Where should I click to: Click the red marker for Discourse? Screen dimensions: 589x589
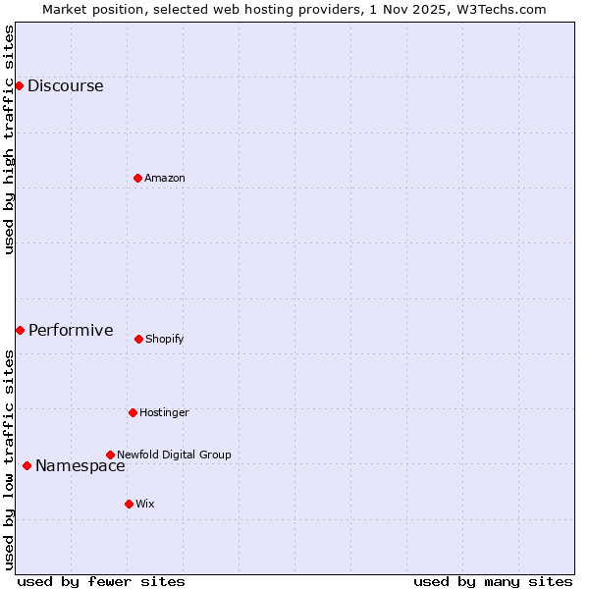(19, 85)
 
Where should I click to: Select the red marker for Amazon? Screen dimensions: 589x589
(137, 178)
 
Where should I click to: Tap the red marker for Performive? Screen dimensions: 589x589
(20, 330)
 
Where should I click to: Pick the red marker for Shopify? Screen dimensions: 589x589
(138, 339)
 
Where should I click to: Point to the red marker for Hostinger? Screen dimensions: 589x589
(133, 412)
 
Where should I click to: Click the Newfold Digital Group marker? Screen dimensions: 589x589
(110, 455)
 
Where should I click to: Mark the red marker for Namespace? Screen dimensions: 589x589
(27, 465)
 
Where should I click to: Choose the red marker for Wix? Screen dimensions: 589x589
(129, 504)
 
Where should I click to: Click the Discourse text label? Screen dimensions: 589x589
(65, 85)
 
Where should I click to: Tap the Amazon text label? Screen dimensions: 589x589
(164, 178)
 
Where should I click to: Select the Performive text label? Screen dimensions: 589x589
(71, 330)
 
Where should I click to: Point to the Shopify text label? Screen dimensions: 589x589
(164, 339)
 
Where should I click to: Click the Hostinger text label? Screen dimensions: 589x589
(164, 412)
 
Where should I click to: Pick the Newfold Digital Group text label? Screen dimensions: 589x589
(174, 455)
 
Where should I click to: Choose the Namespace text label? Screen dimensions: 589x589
(80, 465)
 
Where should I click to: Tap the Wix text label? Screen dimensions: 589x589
(144, 504)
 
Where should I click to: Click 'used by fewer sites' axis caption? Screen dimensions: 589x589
(101, 581)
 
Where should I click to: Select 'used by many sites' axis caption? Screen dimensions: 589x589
(493, 581)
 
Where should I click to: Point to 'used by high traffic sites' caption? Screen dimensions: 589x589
(9, 139)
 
